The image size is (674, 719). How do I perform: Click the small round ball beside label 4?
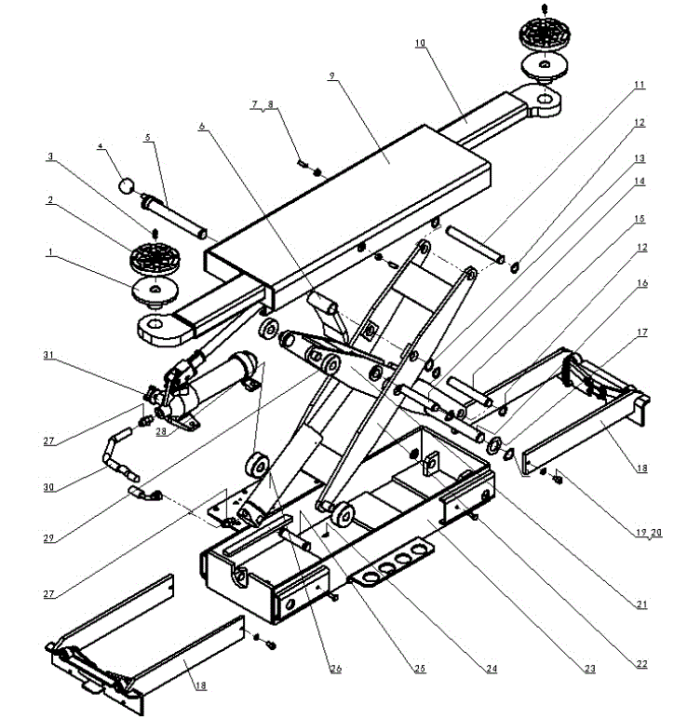pyautogui.click(x=127, y=186)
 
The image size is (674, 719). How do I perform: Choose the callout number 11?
pyautogui.click(x=640, y=85)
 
